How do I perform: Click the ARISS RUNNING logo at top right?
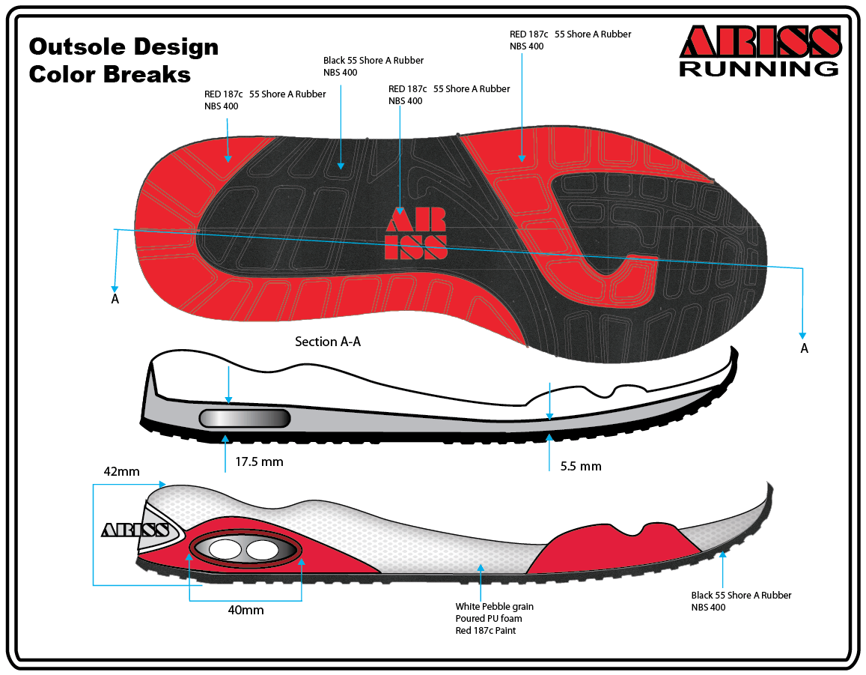tap(759, 51)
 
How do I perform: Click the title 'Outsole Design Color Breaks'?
tap(124, 61)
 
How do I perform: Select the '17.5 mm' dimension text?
tap(259, 461)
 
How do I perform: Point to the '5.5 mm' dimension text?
tap(581, 466)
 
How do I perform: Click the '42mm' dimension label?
tap(122, 472)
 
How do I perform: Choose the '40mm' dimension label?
tap(246, 610)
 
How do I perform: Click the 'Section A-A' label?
tap(328, 342)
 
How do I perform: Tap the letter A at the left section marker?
tap(115, 299)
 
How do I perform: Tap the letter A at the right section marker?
tap(805, 348)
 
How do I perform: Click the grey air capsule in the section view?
tap(245, 419)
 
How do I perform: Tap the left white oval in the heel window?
tap(225, 550)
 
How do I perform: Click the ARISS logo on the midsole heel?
tap(135, 530)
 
